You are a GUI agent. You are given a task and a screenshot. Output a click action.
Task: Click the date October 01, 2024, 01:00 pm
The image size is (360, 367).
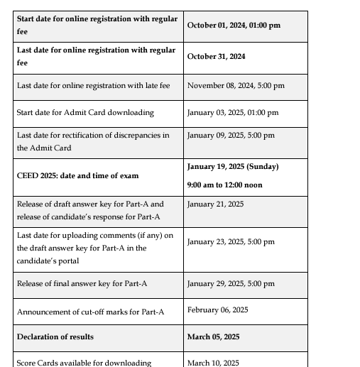click(x=234, y=25)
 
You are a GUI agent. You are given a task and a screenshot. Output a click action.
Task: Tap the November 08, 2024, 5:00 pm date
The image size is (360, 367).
click(x=236, y=86)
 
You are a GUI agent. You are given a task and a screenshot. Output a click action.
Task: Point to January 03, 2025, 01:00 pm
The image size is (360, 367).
click(x=233, y=112)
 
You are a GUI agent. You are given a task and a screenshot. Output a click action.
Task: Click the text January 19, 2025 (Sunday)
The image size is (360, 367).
click(x=233, y=167)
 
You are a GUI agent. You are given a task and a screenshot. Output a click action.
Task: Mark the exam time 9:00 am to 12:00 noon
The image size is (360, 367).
click(x=224, y=185)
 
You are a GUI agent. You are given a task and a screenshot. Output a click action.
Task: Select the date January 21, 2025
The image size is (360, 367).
click(x=215, y=204)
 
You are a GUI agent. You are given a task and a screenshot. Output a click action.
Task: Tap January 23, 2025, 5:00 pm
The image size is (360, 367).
click(x=231, y=241)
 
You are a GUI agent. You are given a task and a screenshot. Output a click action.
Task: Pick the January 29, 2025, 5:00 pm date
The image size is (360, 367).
click(x=231, y=284)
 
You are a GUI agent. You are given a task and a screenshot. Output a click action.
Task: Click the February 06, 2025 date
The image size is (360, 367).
click(x=217, y=310)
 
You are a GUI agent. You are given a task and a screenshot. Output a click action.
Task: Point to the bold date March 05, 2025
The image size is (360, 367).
click(x=213, y=336)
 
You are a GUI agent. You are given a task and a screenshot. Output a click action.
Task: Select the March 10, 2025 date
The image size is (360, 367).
click(x=213, y=363)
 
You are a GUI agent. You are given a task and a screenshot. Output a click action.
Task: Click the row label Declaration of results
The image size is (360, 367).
click(x=55, y=336)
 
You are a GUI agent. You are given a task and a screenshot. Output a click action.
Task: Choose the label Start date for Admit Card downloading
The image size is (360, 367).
click(x=85, y=112)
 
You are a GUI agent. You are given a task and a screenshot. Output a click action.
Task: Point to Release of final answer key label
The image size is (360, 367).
click(x=82, y=284)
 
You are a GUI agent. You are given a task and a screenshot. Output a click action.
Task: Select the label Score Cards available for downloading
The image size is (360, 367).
click(x=84, y=363)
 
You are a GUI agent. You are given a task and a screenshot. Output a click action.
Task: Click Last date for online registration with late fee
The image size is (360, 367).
click(x=94, y=86)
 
